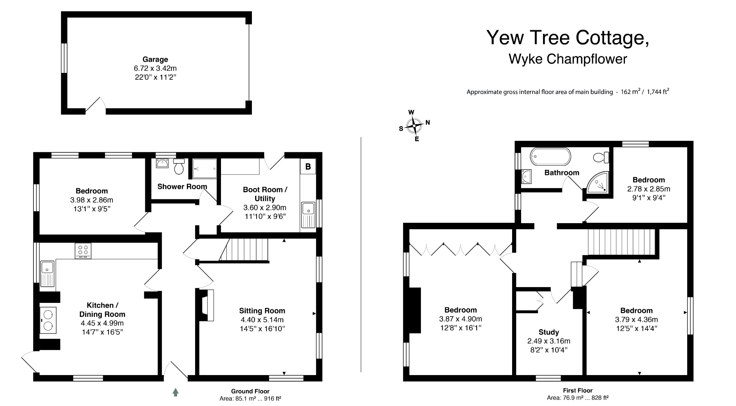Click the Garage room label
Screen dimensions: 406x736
tap(155, 60)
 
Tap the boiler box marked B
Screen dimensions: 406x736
tap(308, 167)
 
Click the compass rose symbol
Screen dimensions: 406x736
tap(414, 126)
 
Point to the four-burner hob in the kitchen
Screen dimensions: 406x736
tap(83, 250)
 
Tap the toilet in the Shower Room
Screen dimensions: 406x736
tap(179, 166)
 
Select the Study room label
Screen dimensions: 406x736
tap(549, 332)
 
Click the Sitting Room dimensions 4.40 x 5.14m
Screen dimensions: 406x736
tap(262, 320)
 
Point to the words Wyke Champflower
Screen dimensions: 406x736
tap(568, 59)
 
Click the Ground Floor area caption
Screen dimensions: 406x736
tap(250, 395)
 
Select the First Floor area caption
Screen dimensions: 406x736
tap(578, 394)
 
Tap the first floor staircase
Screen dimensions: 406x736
tap(621, 243)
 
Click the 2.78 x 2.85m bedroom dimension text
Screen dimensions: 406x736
tap(649, 189)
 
